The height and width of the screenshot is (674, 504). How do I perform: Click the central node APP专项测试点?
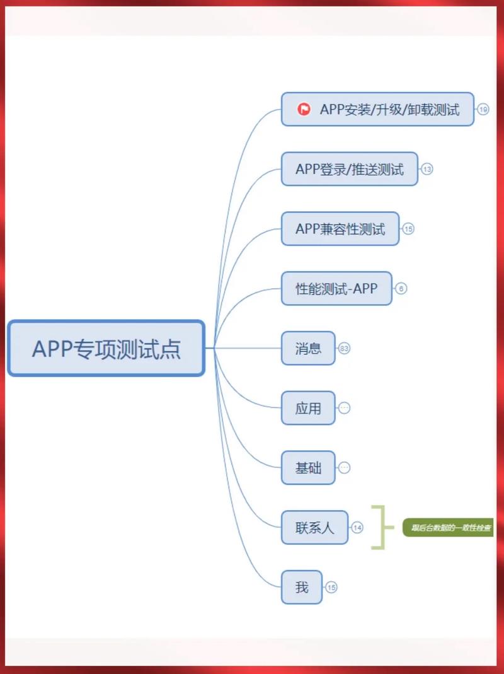[x=106, y=348]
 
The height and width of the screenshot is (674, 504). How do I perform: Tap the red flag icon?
[x=304, y=109]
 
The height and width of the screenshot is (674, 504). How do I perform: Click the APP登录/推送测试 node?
[x=349, y=169]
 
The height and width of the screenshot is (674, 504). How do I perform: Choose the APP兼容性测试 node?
[x=340, y=228]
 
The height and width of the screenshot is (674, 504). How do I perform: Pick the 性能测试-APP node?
[x=336, y=289]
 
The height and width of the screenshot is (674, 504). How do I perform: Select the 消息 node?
[x=308, y=348]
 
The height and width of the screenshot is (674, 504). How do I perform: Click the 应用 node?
[x=308, y=408]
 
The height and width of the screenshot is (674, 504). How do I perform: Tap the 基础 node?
[x=308, y=468]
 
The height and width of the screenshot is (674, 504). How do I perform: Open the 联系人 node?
[x=314, y=528]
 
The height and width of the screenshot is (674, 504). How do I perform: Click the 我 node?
[x=302, y=587]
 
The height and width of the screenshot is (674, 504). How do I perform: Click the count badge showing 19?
[x=483, y=109]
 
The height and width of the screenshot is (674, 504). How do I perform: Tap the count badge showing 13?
[x=427, y=169]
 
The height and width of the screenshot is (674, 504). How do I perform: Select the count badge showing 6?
[x=401, y=289]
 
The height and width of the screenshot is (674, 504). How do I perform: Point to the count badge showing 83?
[x=344, y=348]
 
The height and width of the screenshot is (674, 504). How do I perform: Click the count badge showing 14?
[x=357, y=528]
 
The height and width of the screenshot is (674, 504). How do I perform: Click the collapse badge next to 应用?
[x=344, y=408]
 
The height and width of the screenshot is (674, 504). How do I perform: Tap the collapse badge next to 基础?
[x=344, y=468]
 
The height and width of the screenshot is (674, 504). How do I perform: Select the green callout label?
[x=449, y=528]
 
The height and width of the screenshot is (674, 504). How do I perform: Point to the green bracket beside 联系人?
[x=377, y=527]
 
